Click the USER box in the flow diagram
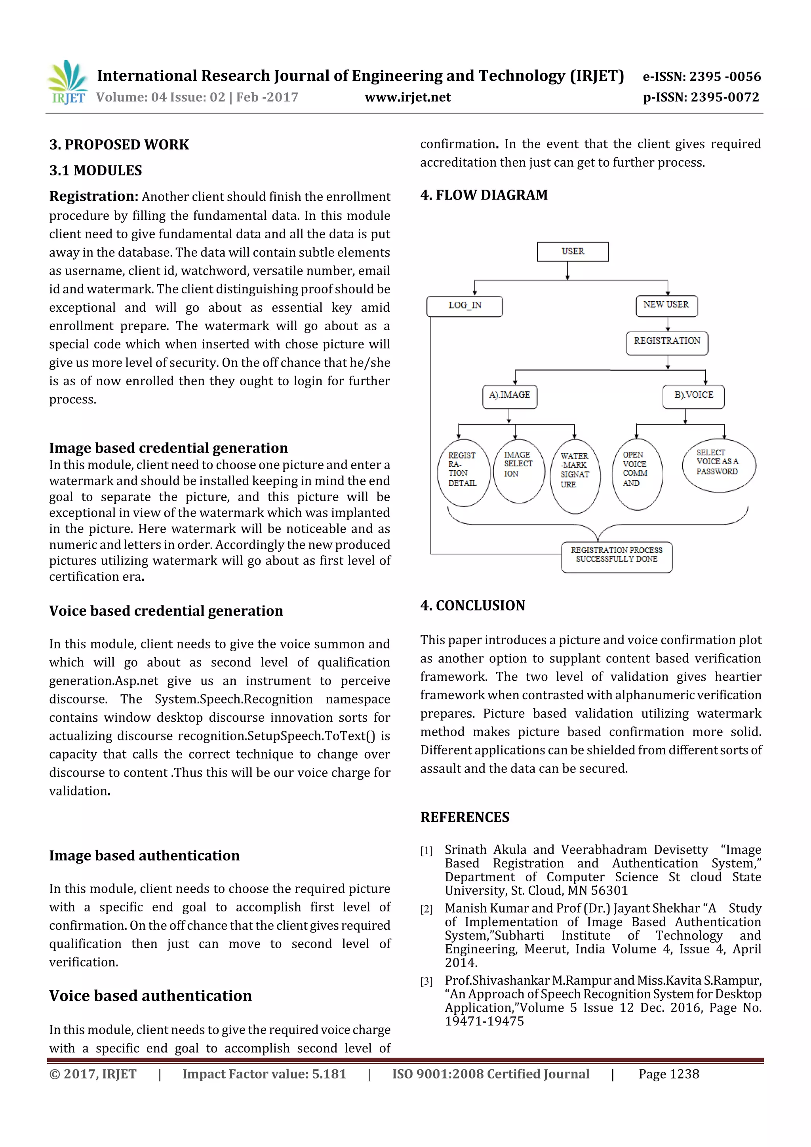click(573, 252)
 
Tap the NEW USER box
click(666, 305)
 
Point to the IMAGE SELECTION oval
click(519, 471)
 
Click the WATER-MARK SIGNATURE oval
click(575, 476)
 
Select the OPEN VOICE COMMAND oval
click(637, 474)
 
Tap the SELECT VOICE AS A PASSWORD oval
click(719, 464)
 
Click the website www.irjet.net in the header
click(408, 97)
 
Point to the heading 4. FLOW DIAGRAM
click(484, 195)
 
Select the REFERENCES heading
click(465, 817)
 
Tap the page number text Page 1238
click(668, 1074)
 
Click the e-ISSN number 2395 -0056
click(725, 76)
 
